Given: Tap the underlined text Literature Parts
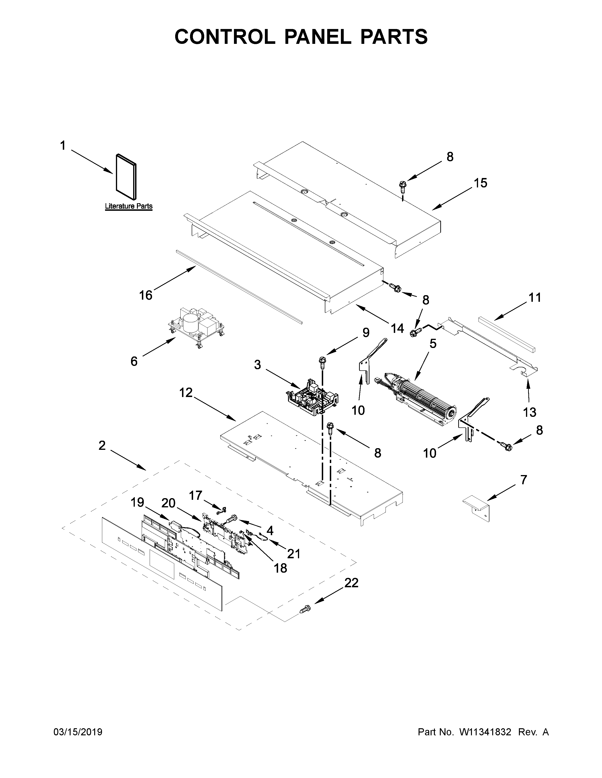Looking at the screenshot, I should click(x=128, y=206).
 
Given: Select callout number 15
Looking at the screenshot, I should click(x=480, y=183).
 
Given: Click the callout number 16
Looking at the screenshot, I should click(x=145, y=295).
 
